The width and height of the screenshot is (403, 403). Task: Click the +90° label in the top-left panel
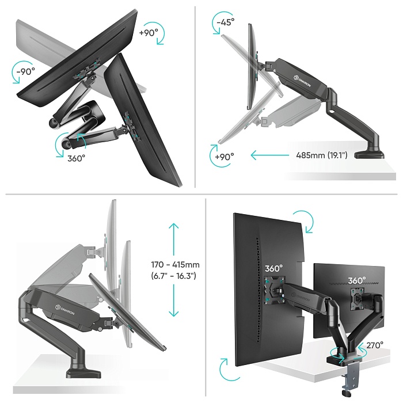148,32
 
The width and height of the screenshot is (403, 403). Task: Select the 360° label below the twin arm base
76,157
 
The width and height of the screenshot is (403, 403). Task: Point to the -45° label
226,23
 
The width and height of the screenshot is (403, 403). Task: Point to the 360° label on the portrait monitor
273,268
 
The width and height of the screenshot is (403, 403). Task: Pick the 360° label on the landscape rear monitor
356,280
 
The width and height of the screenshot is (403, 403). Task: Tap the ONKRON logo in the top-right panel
305,77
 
